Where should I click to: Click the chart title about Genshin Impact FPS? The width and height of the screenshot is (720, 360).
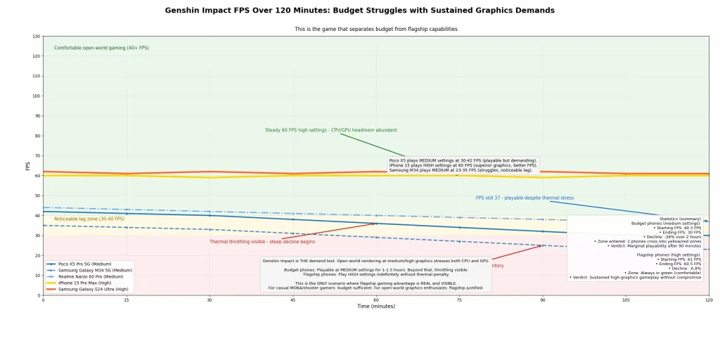pos(359,11)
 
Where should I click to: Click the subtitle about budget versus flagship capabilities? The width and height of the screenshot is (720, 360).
pos(375,30)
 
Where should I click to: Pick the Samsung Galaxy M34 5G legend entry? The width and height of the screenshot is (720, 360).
pos(95,270)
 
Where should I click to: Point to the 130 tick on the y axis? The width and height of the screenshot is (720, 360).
pos(36,37)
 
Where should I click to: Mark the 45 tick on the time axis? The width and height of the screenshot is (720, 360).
pos(292,300)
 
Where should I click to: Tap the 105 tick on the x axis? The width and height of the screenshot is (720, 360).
pos(625,300)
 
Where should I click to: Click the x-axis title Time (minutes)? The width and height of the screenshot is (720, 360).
pos(375,307)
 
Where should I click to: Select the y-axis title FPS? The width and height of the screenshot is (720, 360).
pos(28,166)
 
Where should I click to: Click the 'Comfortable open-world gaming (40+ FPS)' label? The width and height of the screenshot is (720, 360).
pos(101,48)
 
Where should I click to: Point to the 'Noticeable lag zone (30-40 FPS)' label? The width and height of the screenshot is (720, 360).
pos(89,219)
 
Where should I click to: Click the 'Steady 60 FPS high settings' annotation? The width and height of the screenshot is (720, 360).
pos(330,130)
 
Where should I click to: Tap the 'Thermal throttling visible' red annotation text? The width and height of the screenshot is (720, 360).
pos(262,242)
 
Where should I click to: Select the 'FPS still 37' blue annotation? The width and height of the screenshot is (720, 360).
pos(525,198)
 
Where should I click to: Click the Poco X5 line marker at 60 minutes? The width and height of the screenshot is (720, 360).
pos(375,224)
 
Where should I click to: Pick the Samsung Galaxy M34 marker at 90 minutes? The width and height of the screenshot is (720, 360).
pos(542,245)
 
